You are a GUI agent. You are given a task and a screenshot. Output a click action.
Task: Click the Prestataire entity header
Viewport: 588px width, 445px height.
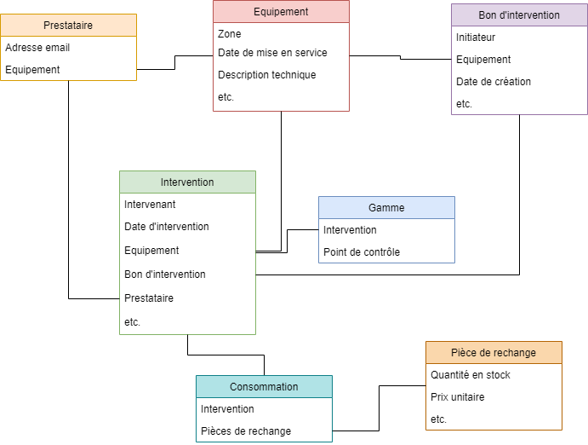click(68, 26)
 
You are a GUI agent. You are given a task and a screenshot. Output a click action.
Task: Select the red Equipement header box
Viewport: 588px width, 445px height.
click(281, 12)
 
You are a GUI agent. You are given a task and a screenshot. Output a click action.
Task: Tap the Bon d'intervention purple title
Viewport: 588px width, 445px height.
click(519, 15)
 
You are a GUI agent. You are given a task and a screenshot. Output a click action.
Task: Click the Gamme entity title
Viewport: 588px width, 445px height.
click(386, 208)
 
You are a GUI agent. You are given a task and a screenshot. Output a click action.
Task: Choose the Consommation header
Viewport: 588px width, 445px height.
click(264, 387)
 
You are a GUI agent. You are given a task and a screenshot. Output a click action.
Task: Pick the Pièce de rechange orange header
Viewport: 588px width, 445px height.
click(494, 353)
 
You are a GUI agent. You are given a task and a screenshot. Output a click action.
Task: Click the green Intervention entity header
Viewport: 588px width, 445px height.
click(187, 182)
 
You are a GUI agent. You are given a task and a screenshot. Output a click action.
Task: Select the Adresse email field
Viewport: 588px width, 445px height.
click(37, 48)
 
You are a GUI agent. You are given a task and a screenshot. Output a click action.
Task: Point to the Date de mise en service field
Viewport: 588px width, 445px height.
click(272, 53)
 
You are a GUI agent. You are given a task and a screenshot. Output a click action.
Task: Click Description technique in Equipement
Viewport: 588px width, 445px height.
click(266, 75)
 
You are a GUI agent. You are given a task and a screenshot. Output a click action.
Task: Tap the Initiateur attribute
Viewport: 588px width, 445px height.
click(476, 38)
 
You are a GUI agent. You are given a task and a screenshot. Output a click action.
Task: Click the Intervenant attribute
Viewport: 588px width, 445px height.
click(150, 205)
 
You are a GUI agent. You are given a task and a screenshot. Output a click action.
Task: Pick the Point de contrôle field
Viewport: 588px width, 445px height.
click(362, 252)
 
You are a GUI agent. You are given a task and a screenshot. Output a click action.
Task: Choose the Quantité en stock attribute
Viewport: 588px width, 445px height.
click(471, 375)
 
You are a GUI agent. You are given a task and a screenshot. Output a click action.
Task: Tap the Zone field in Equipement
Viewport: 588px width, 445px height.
click(230, 34)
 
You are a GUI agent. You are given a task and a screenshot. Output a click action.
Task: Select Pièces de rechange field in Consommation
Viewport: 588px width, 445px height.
click(246, 431)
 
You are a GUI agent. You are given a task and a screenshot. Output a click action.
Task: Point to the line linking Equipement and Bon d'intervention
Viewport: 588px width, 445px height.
click(400, 58)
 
